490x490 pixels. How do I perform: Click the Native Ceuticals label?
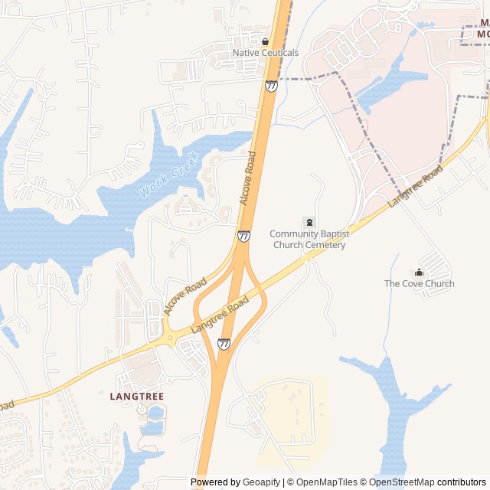265,53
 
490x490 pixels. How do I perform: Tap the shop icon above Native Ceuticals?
265,41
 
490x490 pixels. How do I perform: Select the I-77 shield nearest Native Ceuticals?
271,86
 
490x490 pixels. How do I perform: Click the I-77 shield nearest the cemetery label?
243,237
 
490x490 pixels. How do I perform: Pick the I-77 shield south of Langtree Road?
224,345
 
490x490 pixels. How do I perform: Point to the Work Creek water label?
168,175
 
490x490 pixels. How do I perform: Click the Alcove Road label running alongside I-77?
248,178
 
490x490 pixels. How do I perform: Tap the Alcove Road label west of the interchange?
185,296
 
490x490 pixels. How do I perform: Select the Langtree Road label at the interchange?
220,314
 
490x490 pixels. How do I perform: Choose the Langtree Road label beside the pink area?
415,187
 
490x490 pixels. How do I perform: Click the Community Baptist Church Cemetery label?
309,240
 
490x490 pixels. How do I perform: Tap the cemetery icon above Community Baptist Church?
309,222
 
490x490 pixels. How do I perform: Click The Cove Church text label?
419,283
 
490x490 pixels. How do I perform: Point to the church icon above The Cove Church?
419,272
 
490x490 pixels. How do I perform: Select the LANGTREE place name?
137,396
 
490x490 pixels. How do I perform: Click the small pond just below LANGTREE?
156,412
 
